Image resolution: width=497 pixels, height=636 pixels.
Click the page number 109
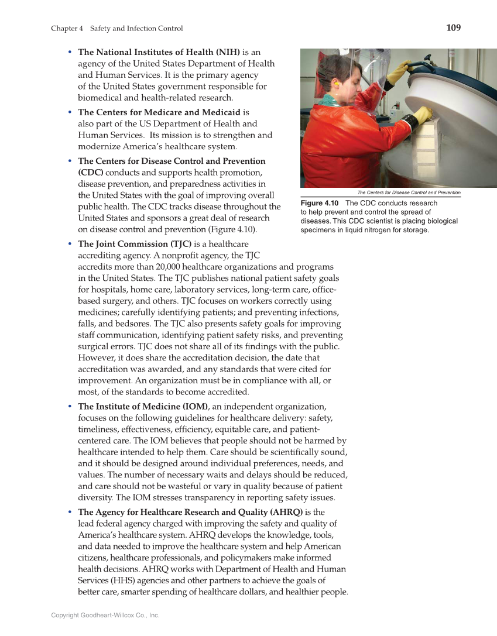pos(453,27)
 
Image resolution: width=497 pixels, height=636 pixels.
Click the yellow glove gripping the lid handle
pos(399,71)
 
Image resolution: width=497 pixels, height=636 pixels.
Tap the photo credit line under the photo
pos(409,192)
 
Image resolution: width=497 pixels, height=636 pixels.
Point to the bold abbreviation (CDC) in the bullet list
pos(91,172)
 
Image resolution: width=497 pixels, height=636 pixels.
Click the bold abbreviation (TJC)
pos(180,243)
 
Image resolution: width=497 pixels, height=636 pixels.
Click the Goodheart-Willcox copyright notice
pos(105,615)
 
